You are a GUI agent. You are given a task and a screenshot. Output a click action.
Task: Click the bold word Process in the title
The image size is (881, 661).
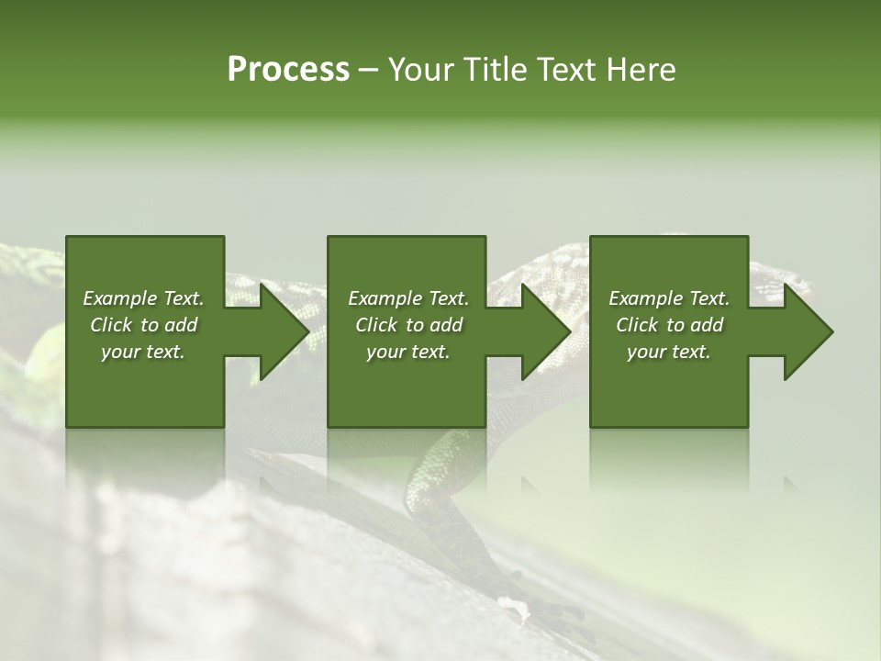[x=288, y=70]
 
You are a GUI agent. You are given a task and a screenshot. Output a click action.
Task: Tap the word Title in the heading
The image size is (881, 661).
[x=493, y=70]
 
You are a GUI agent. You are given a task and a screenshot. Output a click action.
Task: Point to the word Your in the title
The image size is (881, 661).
[x=422, y=70]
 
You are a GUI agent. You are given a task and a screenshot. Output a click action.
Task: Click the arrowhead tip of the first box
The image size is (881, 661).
[x=308, y=331]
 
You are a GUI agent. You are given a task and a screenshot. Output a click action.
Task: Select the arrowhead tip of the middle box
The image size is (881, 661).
[x=570, y=331]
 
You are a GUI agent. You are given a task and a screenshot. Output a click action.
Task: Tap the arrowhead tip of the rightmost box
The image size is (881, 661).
[x=831, y=331]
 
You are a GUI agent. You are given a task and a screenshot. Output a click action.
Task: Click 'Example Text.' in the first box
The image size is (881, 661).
[x=143, y=298]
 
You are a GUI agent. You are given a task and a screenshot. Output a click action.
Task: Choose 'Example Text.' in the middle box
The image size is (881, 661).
[x=408, y=298]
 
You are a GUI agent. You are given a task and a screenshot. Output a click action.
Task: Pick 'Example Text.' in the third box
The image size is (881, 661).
[x=669, y=298]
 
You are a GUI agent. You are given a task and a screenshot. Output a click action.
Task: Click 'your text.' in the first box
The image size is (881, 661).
[x=143, y=352]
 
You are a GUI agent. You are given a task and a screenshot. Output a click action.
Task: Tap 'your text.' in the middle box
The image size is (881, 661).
[x=408, y=352]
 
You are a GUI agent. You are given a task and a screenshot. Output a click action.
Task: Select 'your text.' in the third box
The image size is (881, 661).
[x=669, y=352]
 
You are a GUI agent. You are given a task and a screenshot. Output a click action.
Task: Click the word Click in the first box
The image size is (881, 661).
[x=112, y=325]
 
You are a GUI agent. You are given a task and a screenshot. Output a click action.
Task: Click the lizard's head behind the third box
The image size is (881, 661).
[x=780, y=280]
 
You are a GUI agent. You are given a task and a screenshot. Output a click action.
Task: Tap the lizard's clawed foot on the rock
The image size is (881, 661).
[x=551, y=611]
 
